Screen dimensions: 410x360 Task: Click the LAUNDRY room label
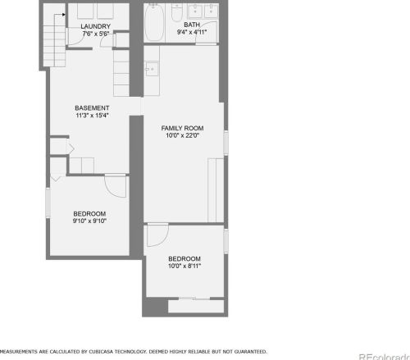95,26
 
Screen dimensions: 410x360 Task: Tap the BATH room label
192,25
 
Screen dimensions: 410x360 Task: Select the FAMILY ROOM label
182,128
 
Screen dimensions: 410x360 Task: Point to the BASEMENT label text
92,108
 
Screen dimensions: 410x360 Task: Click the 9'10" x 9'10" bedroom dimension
89,221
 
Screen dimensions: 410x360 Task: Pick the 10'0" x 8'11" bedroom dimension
184,266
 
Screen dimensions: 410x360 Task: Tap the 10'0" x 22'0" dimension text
182,135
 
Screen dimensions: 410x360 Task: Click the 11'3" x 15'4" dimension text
92,116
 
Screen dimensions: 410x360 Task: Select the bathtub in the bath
154,23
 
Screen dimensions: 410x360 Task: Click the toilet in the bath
176,12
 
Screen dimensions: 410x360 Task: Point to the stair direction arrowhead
64,15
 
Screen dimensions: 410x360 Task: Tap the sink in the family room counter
152,70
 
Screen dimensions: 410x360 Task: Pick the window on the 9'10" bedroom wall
48,203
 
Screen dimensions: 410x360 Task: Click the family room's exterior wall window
226,143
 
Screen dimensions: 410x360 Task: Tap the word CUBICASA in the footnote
101,352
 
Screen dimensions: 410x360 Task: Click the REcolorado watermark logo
385,357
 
